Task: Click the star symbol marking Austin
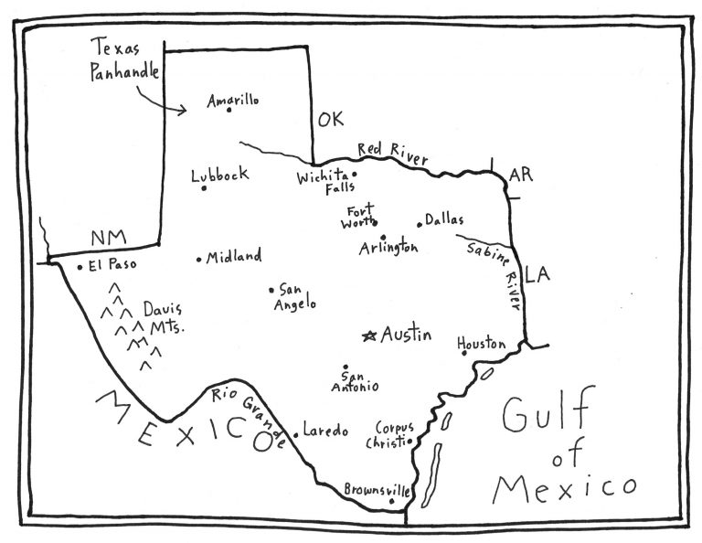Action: [x=369, y=336]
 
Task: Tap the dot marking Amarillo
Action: [x=229, y=111]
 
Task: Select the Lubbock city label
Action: [x=219, y=176]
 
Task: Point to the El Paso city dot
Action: [x=80, y=268]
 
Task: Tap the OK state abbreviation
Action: [x=329, y=120]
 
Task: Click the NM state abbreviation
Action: [x=107, y=239]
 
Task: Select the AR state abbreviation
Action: [x=520, y=174]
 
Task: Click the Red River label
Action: [x=392, y=153]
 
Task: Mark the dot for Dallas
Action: [x=420, y=223]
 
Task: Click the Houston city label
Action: [x=482, y=344]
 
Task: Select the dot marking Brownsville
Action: [x=392, y=501]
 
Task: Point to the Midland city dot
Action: [x=199, y=260]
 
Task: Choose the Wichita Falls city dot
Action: [x=355, y=174]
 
